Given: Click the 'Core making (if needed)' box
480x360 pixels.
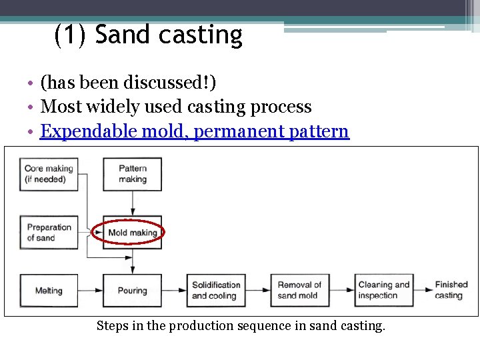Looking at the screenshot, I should [48, 174].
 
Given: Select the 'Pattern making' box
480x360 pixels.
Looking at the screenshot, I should [132, 174].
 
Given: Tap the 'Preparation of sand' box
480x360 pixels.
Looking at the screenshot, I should [48, 232].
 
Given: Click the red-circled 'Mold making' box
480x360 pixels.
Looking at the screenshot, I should [132, 233].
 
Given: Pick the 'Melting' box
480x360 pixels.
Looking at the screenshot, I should [48, 291].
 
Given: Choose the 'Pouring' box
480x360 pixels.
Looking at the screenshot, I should [132, 291].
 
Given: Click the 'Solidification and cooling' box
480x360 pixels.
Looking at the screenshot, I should [216, 291].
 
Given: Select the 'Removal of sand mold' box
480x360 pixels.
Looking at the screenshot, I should [299, 291].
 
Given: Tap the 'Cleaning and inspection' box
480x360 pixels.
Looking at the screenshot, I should [384, 291].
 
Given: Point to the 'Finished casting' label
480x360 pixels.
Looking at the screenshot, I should [451, 290].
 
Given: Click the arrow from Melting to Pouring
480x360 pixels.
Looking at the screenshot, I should [90, 291].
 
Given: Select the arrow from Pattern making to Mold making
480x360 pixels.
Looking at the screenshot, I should [132, 203].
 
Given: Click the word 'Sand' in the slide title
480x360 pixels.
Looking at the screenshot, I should [125, 35].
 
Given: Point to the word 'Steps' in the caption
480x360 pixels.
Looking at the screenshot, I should [113, 326].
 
